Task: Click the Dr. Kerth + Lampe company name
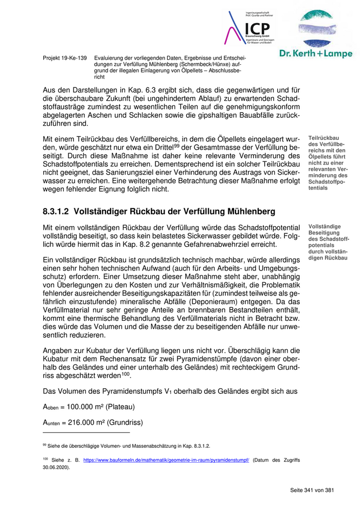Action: [316, 53]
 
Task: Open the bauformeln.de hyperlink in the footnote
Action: [166, 460]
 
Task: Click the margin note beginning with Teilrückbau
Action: [328, 162]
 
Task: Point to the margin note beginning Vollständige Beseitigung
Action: [328, 242]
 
